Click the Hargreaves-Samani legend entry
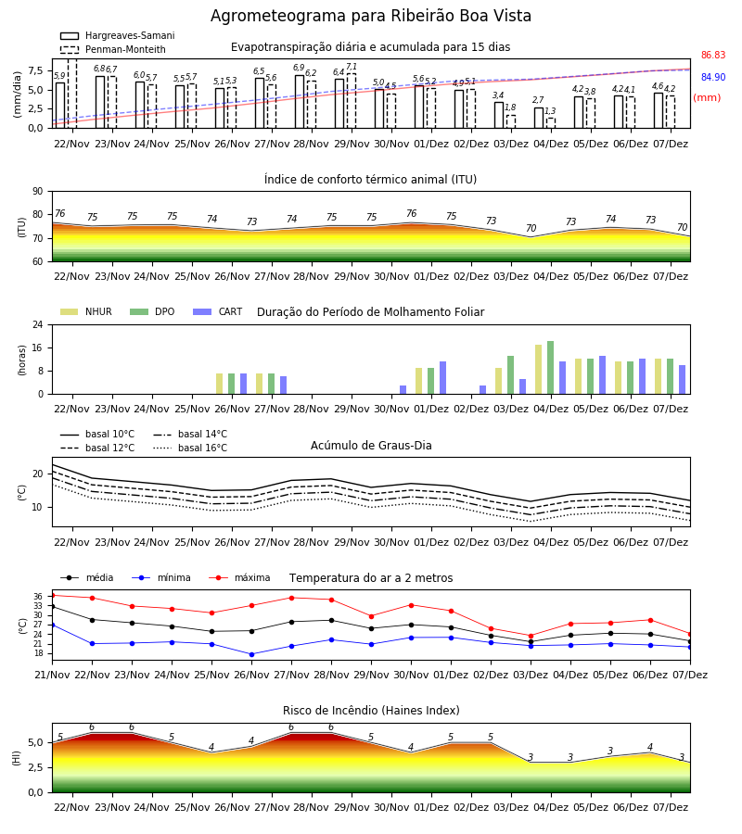point(117,35)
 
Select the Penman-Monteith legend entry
point(113,49)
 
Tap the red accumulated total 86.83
point(712,55)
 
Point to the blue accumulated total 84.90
point(712,77)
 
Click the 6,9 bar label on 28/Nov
point(299,68)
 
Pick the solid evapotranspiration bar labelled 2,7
point(539,118)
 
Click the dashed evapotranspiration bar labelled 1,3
point(551,123)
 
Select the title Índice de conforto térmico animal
point(370,179)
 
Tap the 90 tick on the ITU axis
point(38,192)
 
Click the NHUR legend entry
point(85,311)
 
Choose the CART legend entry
point(218,311)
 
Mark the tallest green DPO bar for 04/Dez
point(550,368)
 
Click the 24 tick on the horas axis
point(38,324)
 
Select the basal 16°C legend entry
point(190,448)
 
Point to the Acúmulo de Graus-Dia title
point(371,445)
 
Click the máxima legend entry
point(239,577)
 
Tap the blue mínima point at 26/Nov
point(251,654)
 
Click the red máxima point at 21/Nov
point(52,595)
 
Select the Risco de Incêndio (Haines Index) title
point(371,711)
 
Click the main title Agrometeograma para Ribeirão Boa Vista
point(371,16)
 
